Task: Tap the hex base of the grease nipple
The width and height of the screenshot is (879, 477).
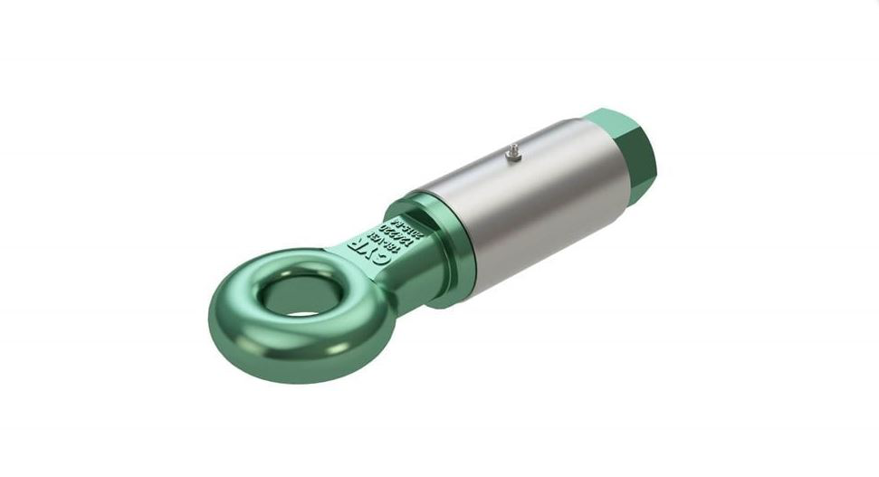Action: (x=511, y=159)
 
